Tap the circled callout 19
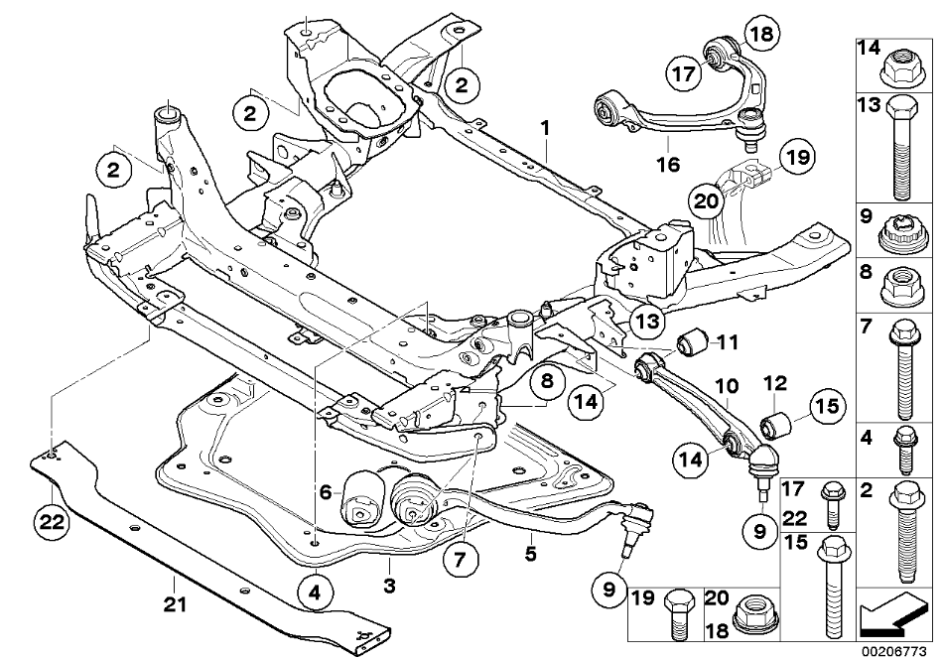click(x=794, y=156)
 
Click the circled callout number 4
click(x=314, y=595)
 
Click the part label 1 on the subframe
click(x=544, y=129)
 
